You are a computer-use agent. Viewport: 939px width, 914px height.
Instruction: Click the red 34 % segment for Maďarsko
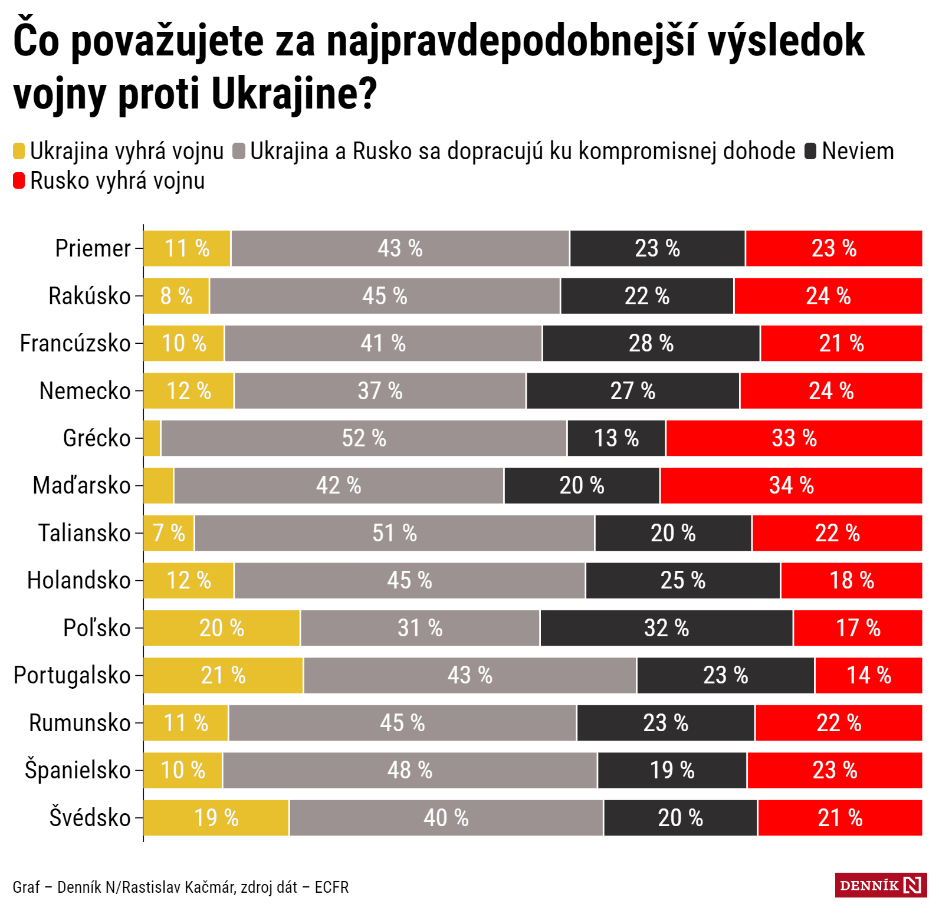[791, 485]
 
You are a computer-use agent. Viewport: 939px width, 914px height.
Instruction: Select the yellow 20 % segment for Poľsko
[222, 628]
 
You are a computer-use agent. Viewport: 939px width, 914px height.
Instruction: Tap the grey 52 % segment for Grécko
[364, 438]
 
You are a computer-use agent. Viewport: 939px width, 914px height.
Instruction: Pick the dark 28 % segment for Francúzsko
[651, 343]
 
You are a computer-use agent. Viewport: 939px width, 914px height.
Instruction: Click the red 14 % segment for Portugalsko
[868, 675]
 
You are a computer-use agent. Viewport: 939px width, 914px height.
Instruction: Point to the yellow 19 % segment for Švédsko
[216, 818]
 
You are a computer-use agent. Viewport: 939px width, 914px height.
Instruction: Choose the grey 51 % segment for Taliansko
[394, 533]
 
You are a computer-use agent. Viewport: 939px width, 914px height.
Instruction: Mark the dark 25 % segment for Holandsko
[683, 580]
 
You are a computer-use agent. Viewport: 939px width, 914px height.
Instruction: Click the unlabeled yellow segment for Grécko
[152, 438]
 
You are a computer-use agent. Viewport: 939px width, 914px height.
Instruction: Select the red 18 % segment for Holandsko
[851, 580]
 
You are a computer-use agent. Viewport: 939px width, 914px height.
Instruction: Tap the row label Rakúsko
[90, 296]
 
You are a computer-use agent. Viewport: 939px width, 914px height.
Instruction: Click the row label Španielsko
[78, 770]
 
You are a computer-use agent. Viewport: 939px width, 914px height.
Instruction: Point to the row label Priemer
[93, 248]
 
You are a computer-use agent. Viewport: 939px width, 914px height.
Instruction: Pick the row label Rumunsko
[80, 723]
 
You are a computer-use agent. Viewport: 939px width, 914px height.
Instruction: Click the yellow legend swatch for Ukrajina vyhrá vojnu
[19, 151]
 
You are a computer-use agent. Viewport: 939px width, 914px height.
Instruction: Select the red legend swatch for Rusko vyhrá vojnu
[19, 180]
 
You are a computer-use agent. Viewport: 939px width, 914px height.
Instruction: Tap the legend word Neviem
[858, 151]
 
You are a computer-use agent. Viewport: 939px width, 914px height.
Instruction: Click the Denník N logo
[881, 885]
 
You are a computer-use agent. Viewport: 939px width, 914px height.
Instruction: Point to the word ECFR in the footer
[331, 887]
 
